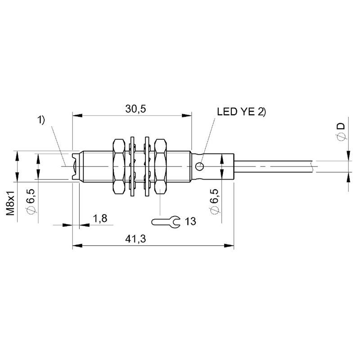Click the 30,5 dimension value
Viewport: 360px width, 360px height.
click(x=135, y=109)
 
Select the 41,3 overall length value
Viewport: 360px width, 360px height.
click(x=135, y=239)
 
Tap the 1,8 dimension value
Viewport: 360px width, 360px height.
click(x=100, y=218)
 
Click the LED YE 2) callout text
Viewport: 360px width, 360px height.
click(x=241, y=112)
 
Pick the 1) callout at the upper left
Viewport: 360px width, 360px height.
click(x=41, y=120)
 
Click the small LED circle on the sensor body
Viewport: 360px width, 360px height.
click(x=200, y=166)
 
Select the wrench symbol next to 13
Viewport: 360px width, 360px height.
click(x=166, y=222)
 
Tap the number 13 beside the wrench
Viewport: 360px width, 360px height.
click(x=190, y=221)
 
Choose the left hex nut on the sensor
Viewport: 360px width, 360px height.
click(x=119, y=166)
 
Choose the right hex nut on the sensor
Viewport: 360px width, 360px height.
click(x=160, y=166)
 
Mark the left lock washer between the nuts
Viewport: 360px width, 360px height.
click(x=132, y=166)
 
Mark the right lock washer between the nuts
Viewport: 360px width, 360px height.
click(x=147, y=166)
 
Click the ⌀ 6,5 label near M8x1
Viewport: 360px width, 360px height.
click(x=30, y=201)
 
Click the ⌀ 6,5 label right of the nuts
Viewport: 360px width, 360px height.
click(x=214, y=201)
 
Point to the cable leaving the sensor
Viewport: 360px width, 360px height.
click(x=273, y=166)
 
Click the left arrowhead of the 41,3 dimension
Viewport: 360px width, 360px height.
click(x=77, y=246)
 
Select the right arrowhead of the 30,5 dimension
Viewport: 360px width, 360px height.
click(x=186, y=115)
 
